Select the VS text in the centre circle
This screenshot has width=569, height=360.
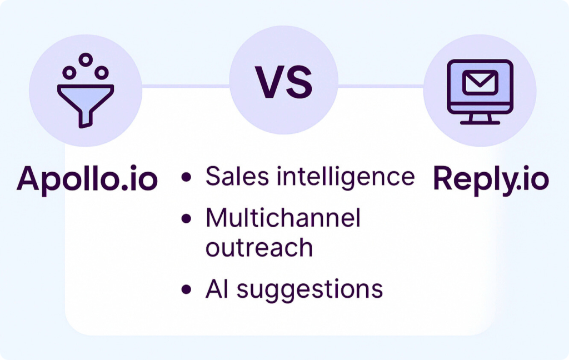pyautogui.click(x=284, y=82)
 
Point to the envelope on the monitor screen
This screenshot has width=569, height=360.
pyautogui.click(x=480, y=82)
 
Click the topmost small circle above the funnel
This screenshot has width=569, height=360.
pyautogui.click(x=86, y=59)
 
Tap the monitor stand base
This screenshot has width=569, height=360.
pyautogui.click(x=480, y=123)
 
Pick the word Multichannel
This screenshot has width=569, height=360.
pyautogui.click(x=283, y=218)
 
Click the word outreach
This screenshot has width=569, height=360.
pyautogui.click(x=259, y=248)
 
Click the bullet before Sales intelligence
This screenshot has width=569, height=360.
pyautogui.click(x=186, y=177)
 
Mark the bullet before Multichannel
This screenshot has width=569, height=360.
pyautogui.click(x=186, y=218)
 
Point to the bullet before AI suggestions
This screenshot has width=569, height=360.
pyautogui.click(x=186, y=289)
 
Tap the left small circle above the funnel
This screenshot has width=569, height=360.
pyautogui.click(x=69, y=73)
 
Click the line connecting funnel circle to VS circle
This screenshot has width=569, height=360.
pyautogui.click(x=186, y=86)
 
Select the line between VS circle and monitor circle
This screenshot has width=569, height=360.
pyautogui.click(x=381, y=86)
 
